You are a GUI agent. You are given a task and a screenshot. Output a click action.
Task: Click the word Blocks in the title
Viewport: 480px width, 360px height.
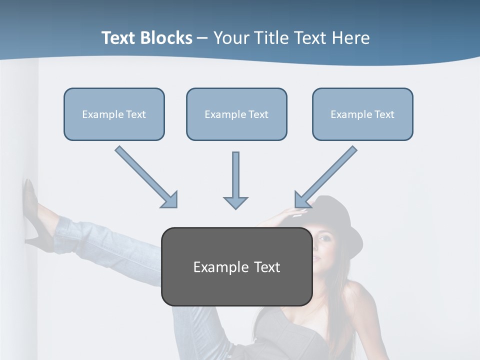[x=166, y=38]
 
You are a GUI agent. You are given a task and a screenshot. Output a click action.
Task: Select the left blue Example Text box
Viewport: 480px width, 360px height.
[x=114, y=114]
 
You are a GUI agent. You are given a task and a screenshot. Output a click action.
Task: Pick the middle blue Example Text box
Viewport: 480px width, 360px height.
[x=236, y=114]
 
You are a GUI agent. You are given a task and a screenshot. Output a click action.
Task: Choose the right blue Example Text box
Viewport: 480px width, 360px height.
[x=362, y=114]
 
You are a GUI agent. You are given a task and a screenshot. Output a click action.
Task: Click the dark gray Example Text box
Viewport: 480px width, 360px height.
[x=236, y=266]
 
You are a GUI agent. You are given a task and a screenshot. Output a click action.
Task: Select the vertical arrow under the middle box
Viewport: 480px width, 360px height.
[x=235, y=180]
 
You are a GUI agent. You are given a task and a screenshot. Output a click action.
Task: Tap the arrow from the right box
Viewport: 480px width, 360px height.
[x=325, y=177]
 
